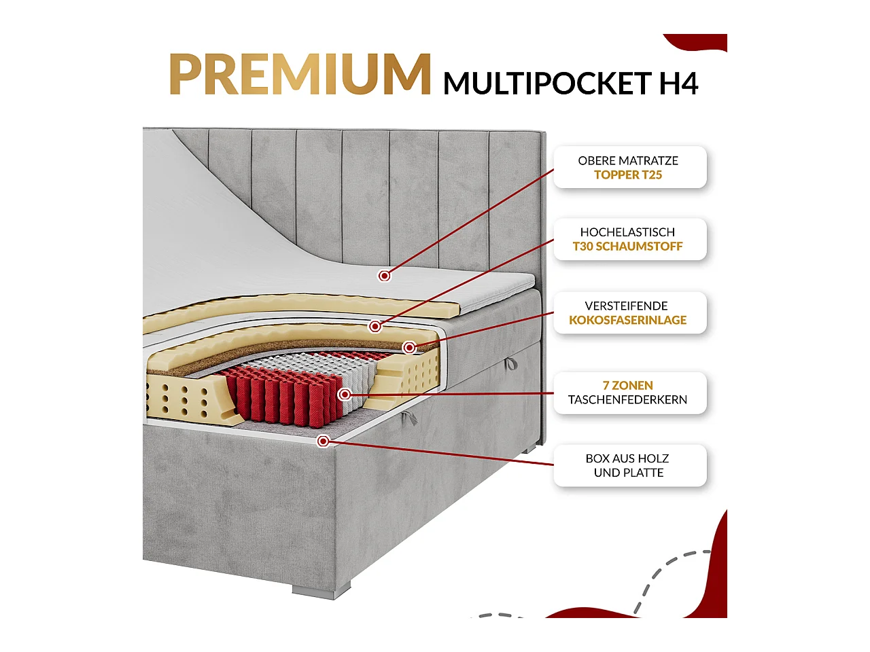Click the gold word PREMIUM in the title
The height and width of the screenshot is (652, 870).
click(300, 74)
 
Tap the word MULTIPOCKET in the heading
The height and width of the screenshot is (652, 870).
click(547, 84)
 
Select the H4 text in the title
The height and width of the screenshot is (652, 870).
click(678, 84)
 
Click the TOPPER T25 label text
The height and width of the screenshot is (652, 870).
click(628, 175)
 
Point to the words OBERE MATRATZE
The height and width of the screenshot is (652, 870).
click(628, 161)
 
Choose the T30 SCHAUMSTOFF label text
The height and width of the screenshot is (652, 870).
click(627, 247)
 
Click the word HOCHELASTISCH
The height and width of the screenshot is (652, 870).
click(627, 232)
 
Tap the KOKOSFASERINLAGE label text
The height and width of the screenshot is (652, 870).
click(627, 320)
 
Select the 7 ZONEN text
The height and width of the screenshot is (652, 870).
click(627, 386)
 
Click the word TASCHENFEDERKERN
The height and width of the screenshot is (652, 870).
click(627, 400)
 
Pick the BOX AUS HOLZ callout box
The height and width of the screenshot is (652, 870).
click(629, 466)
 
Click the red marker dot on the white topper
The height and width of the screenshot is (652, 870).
click(385, 275)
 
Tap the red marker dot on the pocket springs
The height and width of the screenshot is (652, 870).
click(345, 394)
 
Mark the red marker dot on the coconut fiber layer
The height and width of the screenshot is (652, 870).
click(409, 348)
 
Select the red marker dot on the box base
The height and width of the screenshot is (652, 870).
click(324, 441)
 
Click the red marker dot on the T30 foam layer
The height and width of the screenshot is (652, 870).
click(375, 327)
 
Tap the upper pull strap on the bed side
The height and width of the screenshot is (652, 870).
click(510, 364)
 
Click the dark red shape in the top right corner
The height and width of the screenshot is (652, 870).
click(700, 42)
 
